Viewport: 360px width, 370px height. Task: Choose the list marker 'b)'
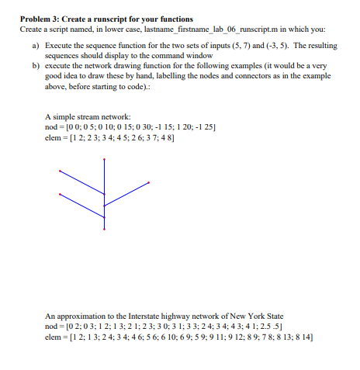point(34,66)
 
